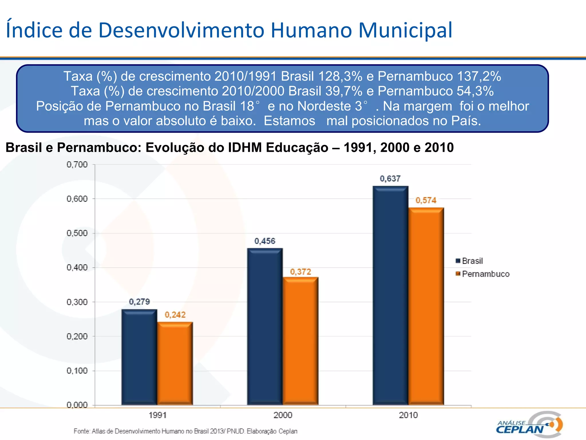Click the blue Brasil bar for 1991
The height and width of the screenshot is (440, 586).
click(139, 357)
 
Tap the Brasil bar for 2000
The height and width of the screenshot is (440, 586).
click(265, 327)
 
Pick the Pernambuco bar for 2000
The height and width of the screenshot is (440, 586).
click(300, 341)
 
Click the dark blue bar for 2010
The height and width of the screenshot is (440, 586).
click(390, 295)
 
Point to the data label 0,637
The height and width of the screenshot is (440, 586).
click(390, 179)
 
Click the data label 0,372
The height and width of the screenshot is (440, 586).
click(300, 272)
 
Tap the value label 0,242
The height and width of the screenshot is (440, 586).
click(175, 315)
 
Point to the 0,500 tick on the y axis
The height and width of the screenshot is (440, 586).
click(77, 233)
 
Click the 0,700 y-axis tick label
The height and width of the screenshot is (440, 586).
click(77, 164)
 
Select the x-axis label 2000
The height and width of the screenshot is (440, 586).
click(283, 415)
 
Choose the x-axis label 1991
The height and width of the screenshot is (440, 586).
click(157, 415)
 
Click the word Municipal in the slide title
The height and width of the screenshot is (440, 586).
click(405, 30)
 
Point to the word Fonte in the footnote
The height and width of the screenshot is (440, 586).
click(81, 431)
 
